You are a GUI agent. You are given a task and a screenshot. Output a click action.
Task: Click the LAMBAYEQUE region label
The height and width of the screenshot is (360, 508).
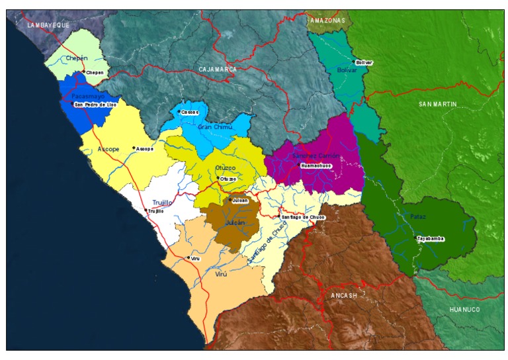(x=48, y=24)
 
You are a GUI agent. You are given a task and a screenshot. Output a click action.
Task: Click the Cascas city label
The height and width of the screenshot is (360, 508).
(x=190, y=112)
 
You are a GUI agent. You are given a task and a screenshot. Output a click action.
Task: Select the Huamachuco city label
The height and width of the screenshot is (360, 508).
(x=315, y=165)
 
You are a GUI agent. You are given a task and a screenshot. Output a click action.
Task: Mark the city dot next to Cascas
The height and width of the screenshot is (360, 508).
(x=179, y=112)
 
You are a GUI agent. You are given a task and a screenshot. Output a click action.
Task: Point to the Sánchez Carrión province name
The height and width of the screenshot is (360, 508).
(x=316, y=156)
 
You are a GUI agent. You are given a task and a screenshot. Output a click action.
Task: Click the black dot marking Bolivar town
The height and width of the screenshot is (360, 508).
(x=354, y=62)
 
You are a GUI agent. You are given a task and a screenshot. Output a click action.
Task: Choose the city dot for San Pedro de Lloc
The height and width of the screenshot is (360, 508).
(x=73, y=104)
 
